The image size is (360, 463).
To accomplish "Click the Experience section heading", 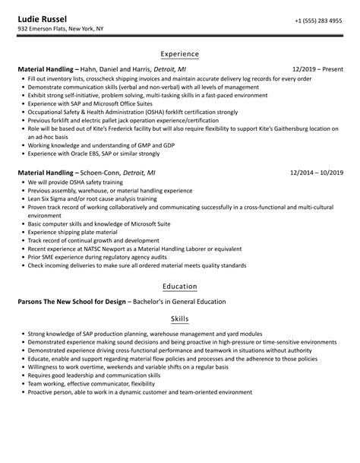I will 180,55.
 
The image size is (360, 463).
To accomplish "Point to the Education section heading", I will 180,287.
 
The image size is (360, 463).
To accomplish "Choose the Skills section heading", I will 180,319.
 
